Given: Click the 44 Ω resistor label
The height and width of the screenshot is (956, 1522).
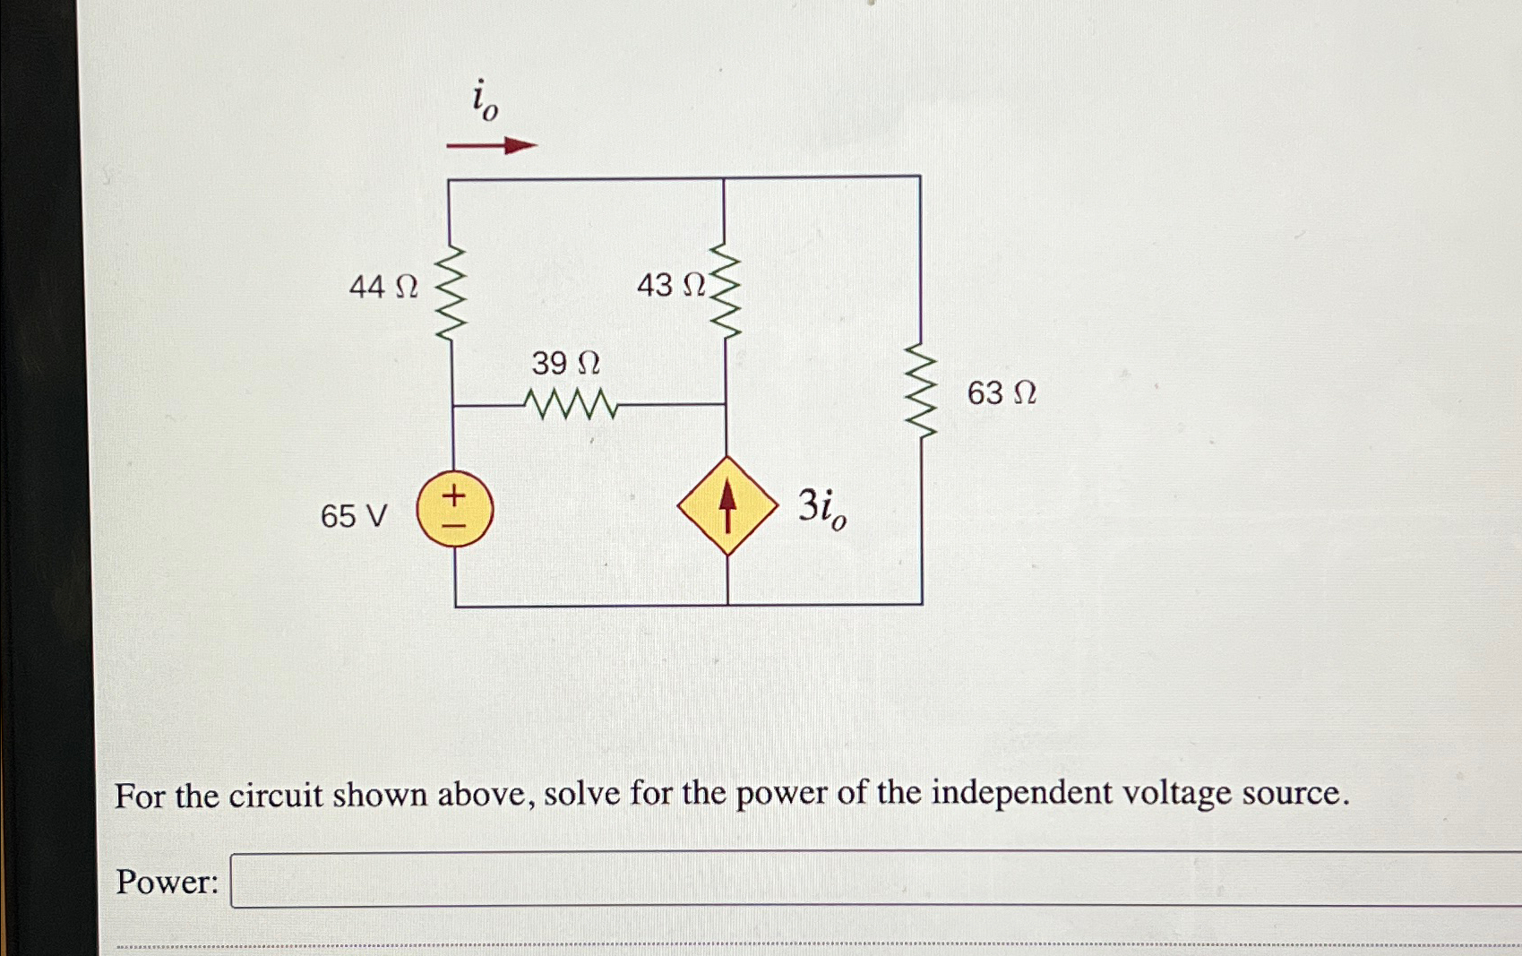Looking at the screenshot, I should point(383,288).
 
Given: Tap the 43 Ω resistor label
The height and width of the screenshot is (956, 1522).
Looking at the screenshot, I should point(671,286).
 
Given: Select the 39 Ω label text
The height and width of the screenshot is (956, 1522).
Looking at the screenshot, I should point(565,363).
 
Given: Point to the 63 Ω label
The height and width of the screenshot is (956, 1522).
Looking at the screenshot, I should point(1002,393).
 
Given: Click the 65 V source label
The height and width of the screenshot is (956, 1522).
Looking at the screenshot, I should point(354,516).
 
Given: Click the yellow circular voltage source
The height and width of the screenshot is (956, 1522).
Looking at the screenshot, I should point(455,509).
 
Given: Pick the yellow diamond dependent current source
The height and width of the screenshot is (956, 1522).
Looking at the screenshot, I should point(727,506).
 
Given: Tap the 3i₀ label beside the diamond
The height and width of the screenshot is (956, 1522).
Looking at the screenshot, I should point(821,508).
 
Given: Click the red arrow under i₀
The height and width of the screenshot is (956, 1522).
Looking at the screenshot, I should point(491,145).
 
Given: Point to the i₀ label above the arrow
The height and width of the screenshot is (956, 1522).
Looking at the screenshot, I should point(485,99).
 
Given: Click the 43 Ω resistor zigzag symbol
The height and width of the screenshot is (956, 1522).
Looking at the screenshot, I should point(726,291).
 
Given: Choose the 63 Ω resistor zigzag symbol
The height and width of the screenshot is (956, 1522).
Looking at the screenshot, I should point(921,390).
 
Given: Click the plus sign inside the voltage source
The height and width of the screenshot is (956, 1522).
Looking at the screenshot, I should point(454,494).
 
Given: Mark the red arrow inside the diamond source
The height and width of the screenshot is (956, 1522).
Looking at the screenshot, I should point(727,504).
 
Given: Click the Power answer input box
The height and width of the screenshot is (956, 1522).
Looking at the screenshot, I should point(873,880).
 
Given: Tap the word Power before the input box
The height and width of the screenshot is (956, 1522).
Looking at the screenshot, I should point(167,883).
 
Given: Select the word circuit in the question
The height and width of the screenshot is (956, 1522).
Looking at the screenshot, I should point(275,796).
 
